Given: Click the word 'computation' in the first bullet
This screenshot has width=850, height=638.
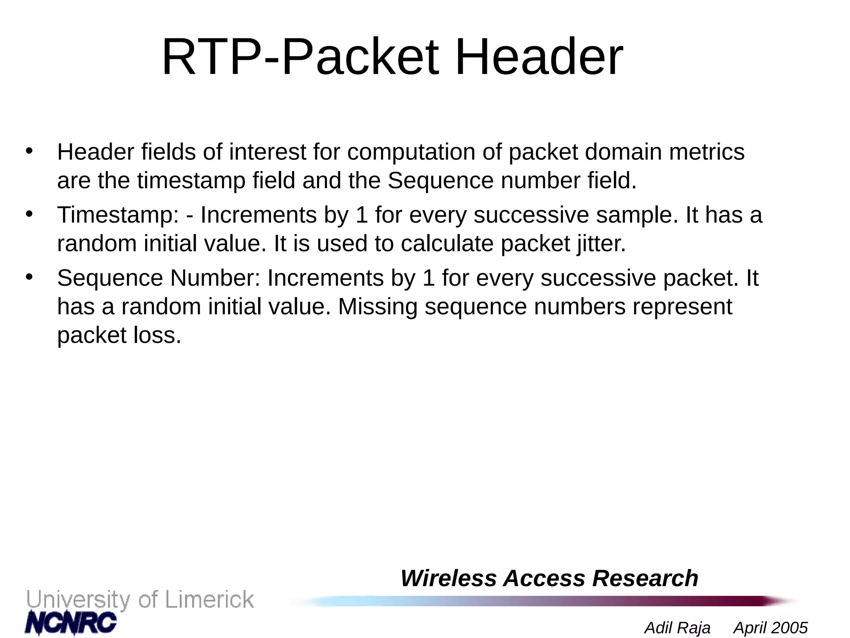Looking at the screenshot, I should click(411, 152).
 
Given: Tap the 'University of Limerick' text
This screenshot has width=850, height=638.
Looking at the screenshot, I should click(140, 600).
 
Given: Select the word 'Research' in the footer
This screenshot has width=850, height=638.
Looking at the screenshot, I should click(645, 578).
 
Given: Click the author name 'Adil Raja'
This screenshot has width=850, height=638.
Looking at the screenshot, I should click(677, 628).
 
